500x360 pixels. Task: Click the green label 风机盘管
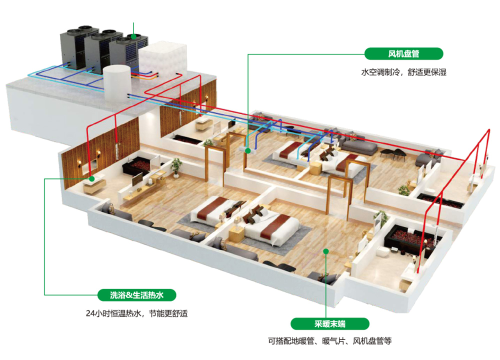click(404, 54)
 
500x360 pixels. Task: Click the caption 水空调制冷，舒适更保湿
click(403, 72)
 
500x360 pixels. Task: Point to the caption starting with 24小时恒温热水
click(136, 314)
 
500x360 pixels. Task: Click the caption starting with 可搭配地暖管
click(329, 342)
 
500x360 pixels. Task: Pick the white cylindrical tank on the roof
click(116, 82)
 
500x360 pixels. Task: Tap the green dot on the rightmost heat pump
click(133, 36)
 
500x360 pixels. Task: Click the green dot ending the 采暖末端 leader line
click(325, 251)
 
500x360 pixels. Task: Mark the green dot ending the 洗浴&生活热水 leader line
click(92, 178)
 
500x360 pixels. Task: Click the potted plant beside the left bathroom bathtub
click(176, 164)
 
